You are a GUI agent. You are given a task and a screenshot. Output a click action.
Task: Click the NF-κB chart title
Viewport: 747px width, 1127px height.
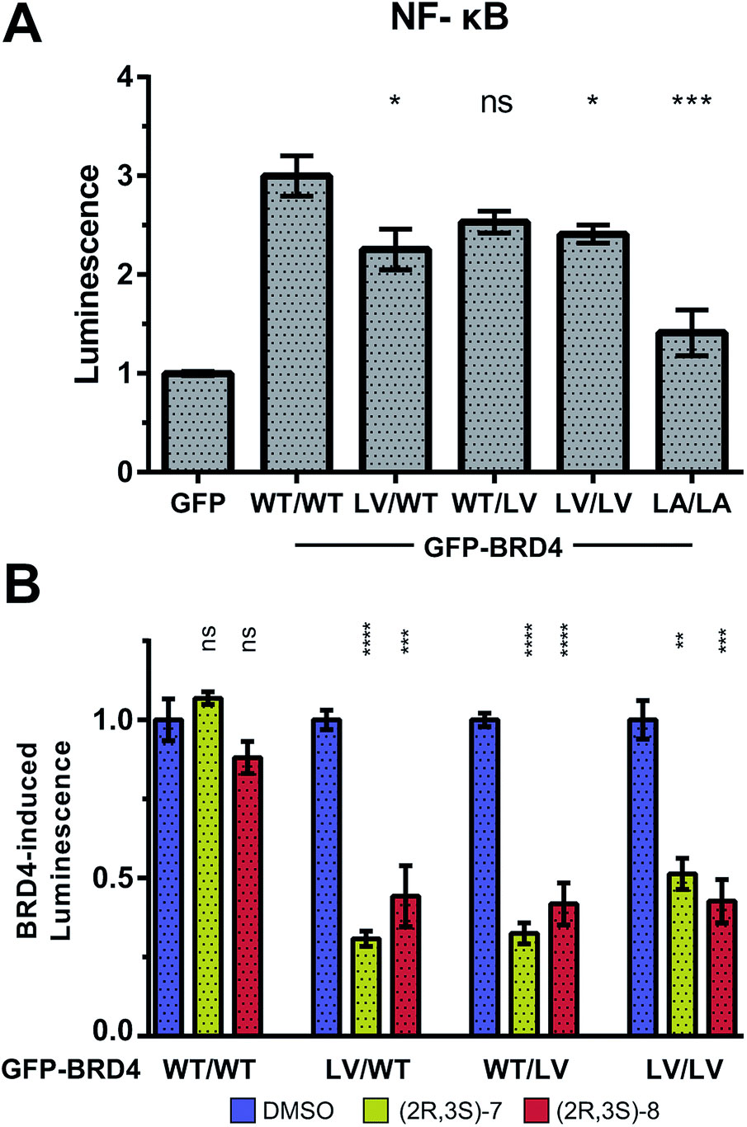(x=449, y=20)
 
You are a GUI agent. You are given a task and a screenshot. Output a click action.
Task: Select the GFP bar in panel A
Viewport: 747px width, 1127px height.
(x=198, y=422)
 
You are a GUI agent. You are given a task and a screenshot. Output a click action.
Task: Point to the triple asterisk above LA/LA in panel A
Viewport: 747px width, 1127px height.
(x=691, y=102)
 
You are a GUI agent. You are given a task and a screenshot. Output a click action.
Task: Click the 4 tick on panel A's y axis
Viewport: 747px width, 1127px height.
(x=123, y=78)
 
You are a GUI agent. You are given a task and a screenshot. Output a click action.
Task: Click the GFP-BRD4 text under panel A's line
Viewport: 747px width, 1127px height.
(x=493, y=546)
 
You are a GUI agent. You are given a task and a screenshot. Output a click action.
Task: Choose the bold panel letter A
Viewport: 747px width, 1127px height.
(x=25, y=31)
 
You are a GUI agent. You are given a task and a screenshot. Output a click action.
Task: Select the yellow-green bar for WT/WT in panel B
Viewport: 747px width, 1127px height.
(x=208, y=866)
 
